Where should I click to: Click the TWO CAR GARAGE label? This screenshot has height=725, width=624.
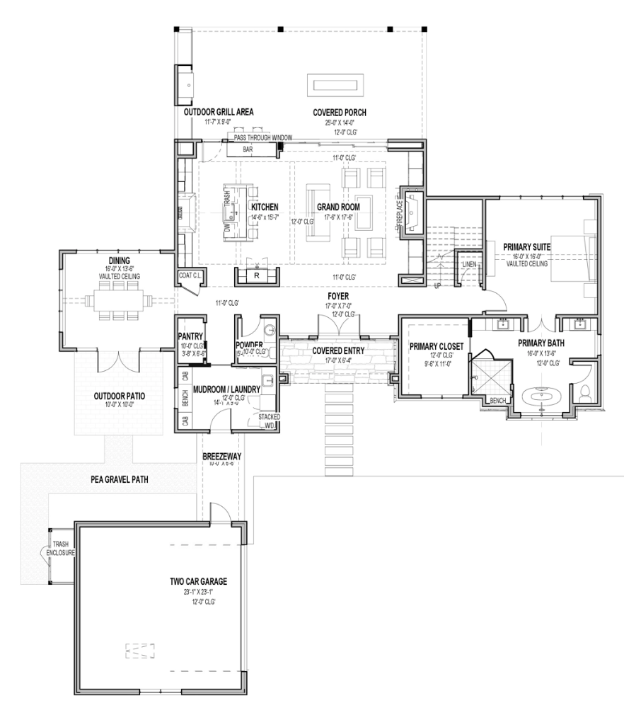tap(198, 581)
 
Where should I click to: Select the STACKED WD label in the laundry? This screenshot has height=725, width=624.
tap(269, 421)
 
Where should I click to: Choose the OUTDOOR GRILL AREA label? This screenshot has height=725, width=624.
tap(219, 112)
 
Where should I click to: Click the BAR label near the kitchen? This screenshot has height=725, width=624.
tap(248, 150)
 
